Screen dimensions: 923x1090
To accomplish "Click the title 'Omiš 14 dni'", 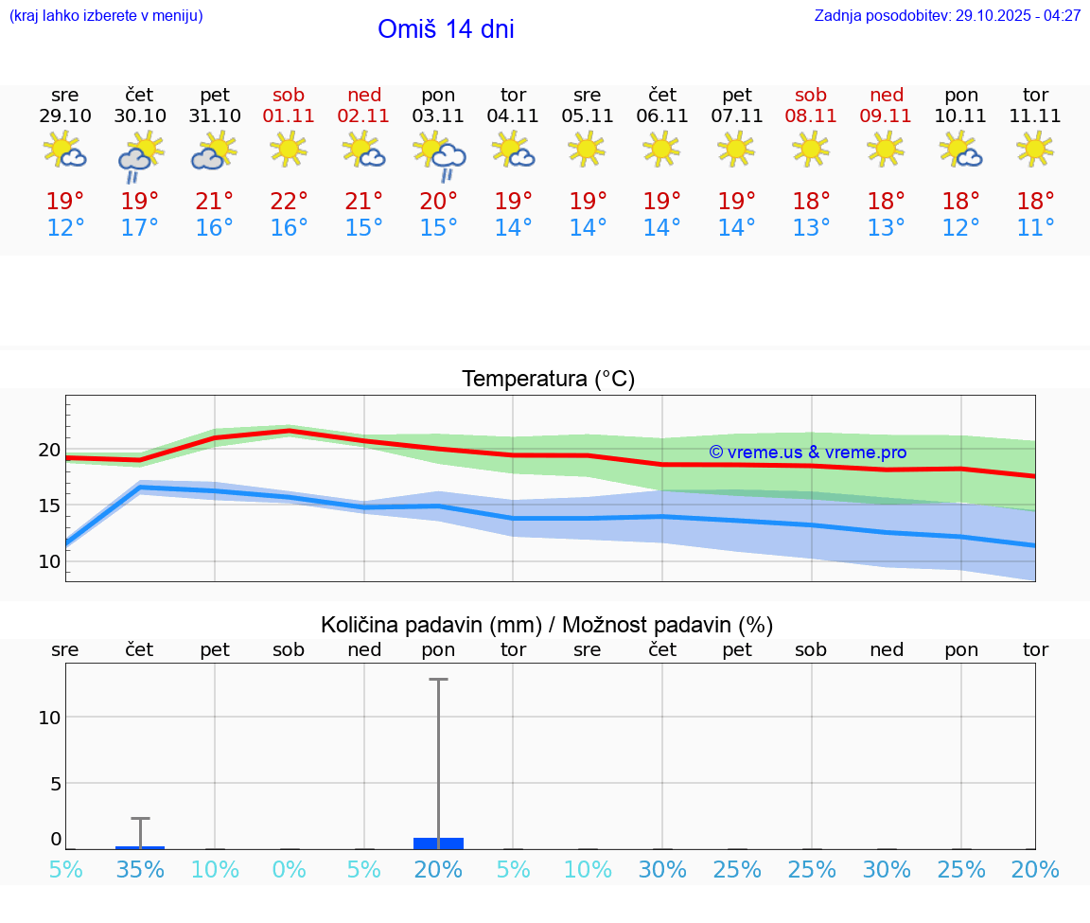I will pyautogui.click(x=446, y=29).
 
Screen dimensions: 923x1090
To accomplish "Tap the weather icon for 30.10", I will pyautogui.click(x=140, y=155).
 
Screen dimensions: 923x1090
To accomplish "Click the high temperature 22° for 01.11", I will pyautogui.click(x=289, y=202).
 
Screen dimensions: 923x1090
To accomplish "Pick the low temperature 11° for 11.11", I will pyautogui.click(x=1035, y=228).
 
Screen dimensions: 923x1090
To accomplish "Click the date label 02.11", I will pyautogui.click(x=364, y=116).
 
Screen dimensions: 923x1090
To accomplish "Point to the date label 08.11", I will pyautogui.click(x=811, y=116).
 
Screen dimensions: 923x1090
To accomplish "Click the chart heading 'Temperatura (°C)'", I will pyautogui.click(x=548, y=380).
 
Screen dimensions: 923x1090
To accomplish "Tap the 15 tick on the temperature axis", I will pyautogui.click(x=49, y=506).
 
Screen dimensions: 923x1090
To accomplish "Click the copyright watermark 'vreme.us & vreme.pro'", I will pyautogui.click(x=807, y=453).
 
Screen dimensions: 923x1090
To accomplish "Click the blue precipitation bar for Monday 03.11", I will pyautogui.click(x=439, y=843).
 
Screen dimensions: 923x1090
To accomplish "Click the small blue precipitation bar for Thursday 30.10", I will pyautogui.click(x=140, y=847).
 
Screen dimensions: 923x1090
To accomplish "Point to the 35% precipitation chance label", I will pyautogui.click(x=140, y=870).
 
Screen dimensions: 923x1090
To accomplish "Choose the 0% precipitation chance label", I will pyautogui.click(x=289, y=870).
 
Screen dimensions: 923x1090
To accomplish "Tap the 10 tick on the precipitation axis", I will pyautogui.click(x=49, y=718).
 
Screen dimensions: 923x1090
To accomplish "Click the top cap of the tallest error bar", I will pyautogui.click(x=438, y=679).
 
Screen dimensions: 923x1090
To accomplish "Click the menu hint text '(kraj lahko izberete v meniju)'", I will pyautogui.click(x=106, y=16).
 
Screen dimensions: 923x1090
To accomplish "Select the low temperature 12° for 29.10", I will pyautogui.click(x=64, y=228).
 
